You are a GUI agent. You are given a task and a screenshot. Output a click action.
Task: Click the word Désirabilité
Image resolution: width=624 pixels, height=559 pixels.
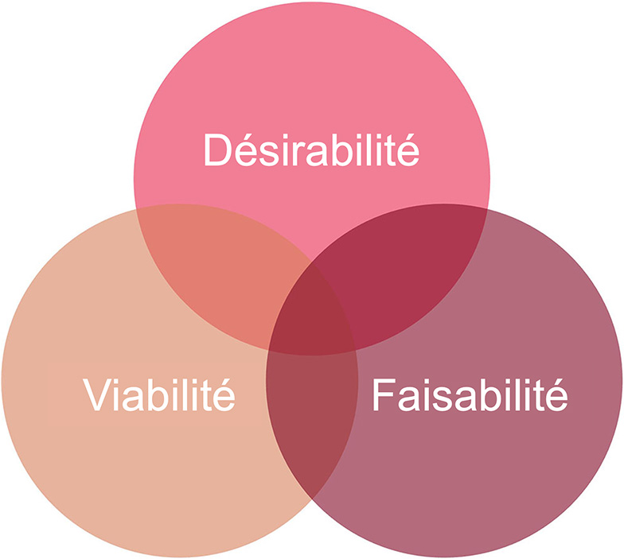tap(311, 150)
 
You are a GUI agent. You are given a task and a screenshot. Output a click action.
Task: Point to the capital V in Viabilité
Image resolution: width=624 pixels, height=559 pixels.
tap(97, 394)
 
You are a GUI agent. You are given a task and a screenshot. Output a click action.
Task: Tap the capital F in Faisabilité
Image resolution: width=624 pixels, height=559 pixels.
tap(383, 394)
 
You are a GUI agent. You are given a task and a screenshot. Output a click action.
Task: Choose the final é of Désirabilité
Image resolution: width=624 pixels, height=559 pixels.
tap(408, 150)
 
